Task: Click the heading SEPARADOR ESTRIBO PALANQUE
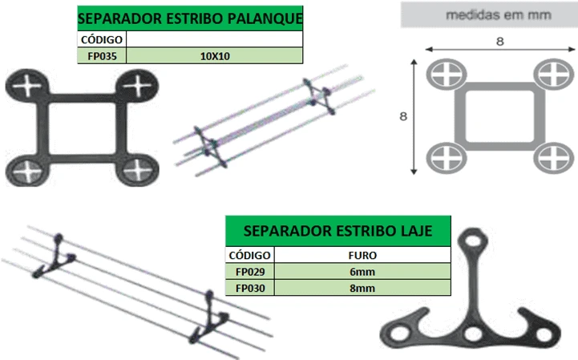[190, 18]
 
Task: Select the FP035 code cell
[102, 56]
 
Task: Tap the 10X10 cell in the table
[215, 56]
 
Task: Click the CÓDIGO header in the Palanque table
[102, 39]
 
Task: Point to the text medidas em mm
[499, 15]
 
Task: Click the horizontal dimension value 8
[500, 42]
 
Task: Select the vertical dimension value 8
[403, 116]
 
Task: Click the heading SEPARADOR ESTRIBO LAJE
[338, 231]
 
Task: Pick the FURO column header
[362, 255]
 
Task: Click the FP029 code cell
[250, 272]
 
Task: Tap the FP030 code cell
[250, 288]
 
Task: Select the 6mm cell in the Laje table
[362, 272]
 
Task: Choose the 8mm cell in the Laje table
[362, 288]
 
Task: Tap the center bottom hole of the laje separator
[472, 334]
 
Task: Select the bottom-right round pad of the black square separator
[137, 169]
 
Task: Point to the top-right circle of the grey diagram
[553, 74]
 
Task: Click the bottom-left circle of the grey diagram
[447, 158]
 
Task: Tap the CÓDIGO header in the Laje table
[249, 255]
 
